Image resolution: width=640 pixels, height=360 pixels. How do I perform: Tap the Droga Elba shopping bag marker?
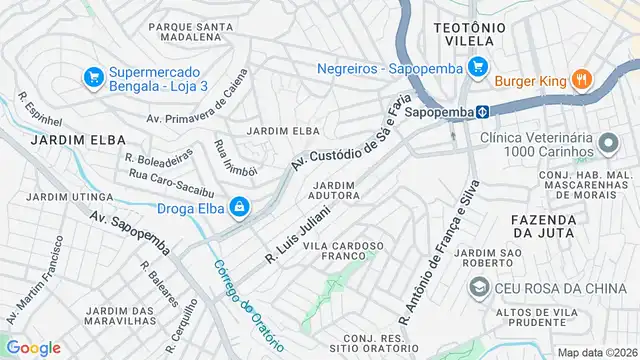coord(239,207)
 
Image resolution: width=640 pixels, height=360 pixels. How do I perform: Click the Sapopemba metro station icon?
coord(481,112)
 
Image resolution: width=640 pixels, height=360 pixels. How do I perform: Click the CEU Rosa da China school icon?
coord(479,289)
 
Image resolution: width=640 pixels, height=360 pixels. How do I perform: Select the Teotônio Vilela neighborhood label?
coord(469,33)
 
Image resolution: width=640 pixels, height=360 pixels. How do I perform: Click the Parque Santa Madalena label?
coord(185,31)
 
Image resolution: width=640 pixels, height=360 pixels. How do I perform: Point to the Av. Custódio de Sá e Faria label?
coord(350,134)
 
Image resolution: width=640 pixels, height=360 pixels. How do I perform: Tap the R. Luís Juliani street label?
coord(297,231)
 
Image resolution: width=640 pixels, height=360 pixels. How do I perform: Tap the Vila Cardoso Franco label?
coord(343,251)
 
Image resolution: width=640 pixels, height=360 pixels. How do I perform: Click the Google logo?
coord(32,347)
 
